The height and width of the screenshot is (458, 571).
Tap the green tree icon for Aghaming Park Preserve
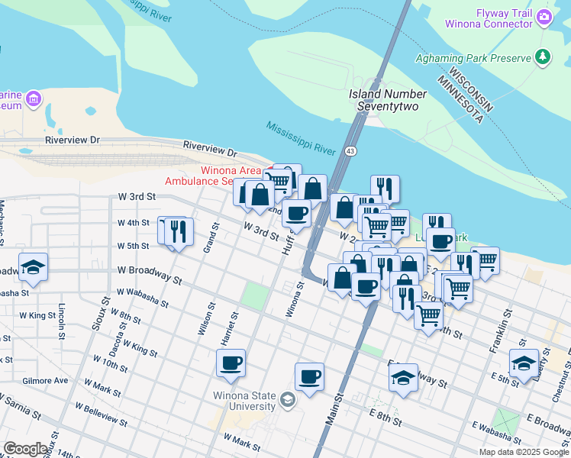543,56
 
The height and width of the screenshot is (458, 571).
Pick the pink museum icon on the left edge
33,98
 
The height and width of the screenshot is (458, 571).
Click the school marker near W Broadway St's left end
33,266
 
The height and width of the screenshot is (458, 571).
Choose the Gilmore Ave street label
45,380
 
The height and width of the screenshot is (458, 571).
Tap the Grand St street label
207,242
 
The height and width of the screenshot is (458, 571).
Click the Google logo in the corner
26,449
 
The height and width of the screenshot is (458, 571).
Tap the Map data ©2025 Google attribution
523,452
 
